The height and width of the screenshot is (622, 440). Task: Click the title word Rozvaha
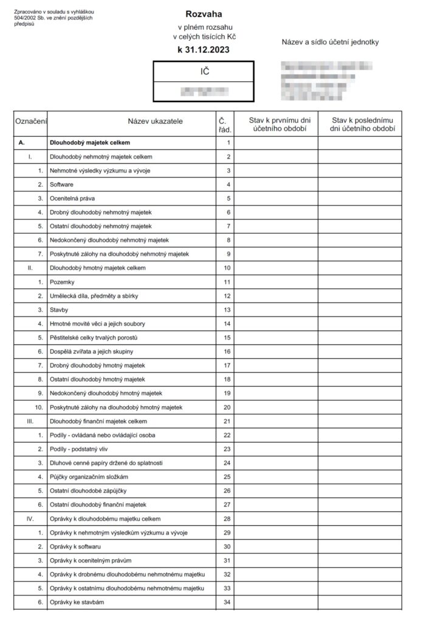click(204, 13)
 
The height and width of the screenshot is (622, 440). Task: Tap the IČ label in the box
click(204, 71)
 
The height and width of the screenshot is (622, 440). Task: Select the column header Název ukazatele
click(155, 121)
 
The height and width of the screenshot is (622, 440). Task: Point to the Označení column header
click(30, 121)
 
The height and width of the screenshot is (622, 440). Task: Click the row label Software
click(61, 184)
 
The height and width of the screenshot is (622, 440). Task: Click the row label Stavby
click(60, 310)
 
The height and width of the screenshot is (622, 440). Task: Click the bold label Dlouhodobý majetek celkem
click(89, 143)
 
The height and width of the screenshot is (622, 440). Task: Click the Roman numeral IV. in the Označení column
click(30, 519)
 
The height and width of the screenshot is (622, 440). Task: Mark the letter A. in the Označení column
click(22, 143)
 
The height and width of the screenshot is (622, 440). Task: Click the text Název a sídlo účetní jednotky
click(330, 42)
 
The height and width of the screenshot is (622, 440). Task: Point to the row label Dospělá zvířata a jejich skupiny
click(91, 352)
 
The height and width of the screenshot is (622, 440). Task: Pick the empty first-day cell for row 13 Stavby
click(275, 310)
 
